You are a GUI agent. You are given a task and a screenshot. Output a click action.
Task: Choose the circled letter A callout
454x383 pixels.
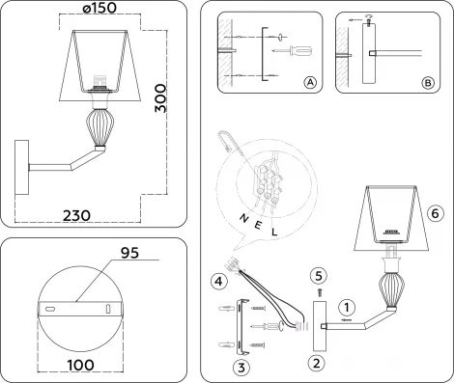click(x=310, y=84)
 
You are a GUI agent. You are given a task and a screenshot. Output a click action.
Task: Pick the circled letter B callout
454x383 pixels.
click(x=428, y=84)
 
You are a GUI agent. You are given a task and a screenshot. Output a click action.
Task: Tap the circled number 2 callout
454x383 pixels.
click(x=316, y=363)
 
